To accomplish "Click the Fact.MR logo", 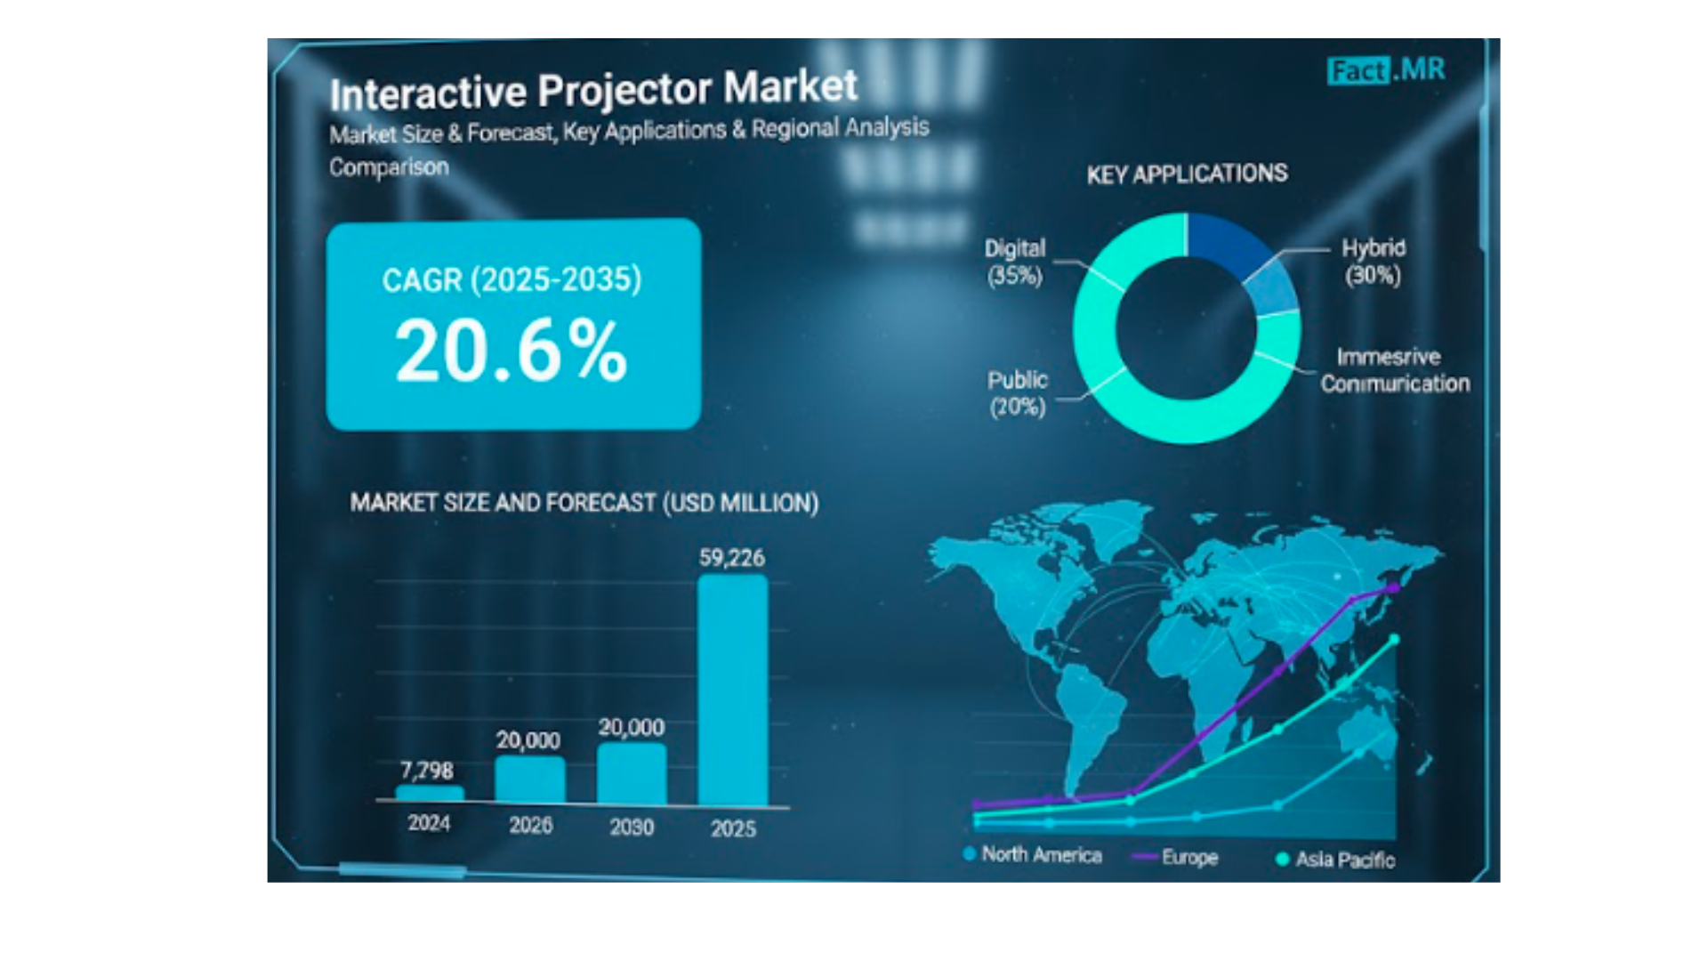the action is pyautogui.click(x=1386, y=70).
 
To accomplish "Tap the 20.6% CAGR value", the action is pyautogui.click(x=512, y=351).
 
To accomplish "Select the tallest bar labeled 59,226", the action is pyautogui.click(x=733, y=690).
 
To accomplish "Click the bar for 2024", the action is pyautogui.click(x=430, y=794).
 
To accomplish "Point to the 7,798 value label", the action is pyautogui.click(x=427, y=770).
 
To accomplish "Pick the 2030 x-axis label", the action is pyautogui.click(x=632, y=828).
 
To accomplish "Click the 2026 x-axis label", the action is pyautogui.click(x=531, y=826).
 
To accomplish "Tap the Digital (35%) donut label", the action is pyautogui.click(x=1015, y=262).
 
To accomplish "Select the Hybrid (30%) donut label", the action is pyautogui.click(x=1374, y=262).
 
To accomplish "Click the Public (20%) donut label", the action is pyautogui.click(x=1018, y=393).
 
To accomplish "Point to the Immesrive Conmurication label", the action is pyautogui.click(x=1395, y=370).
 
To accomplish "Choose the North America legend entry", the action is pyautogui.click(x=1033, y=854).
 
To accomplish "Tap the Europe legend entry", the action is pyautogui.click(x=1174, y=857).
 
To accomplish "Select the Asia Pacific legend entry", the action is pyautogui.click(x=1335, y=860).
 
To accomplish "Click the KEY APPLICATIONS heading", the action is pyautogui.click(x=1187, y=174).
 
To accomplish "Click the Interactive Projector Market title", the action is pyautogui.click(x=593, y=90).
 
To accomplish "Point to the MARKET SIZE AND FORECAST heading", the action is pyautogui.click(x=584, y=503).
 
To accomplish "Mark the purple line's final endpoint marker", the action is pyautogui.click(x=1394, y=588).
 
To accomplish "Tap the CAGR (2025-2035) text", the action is pyautogui.click(x=512, y=279).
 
